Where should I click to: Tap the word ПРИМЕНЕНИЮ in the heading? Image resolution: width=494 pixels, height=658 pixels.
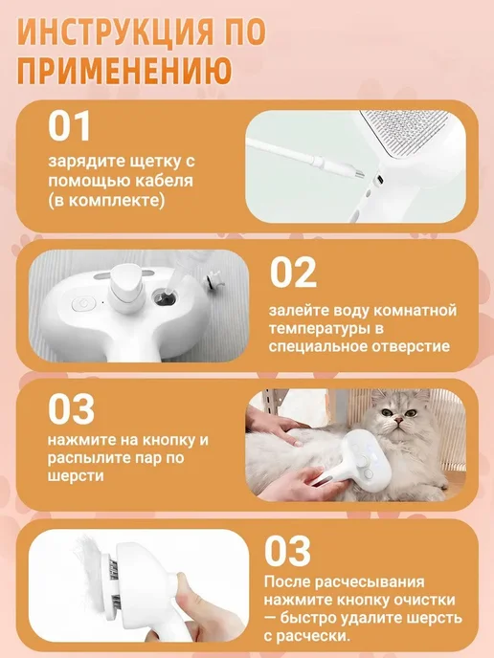(x=124, y=70)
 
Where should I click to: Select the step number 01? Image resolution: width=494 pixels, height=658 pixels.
(x=69, y=126)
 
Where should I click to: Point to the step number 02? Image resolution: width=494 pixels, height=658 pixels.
(x=293, y=272)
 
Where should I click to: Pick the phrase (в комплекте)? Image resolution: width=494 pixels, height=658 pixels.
(x=106, y=201)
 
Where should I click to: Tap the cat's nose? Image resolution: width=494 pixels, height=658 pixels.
(x=398, y=420)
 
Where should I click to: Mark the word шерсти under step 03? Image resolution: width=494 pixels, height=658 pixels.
(x=76, y=476)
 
